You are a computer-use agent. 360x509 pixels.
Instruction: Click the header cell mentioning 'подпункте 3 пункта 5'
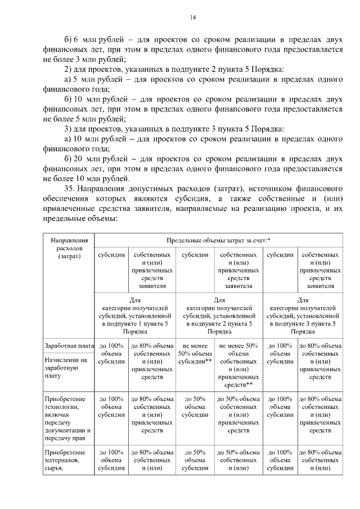303,316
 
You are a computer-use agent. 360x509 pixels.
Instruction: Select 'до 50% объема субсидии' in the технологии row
194,407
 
